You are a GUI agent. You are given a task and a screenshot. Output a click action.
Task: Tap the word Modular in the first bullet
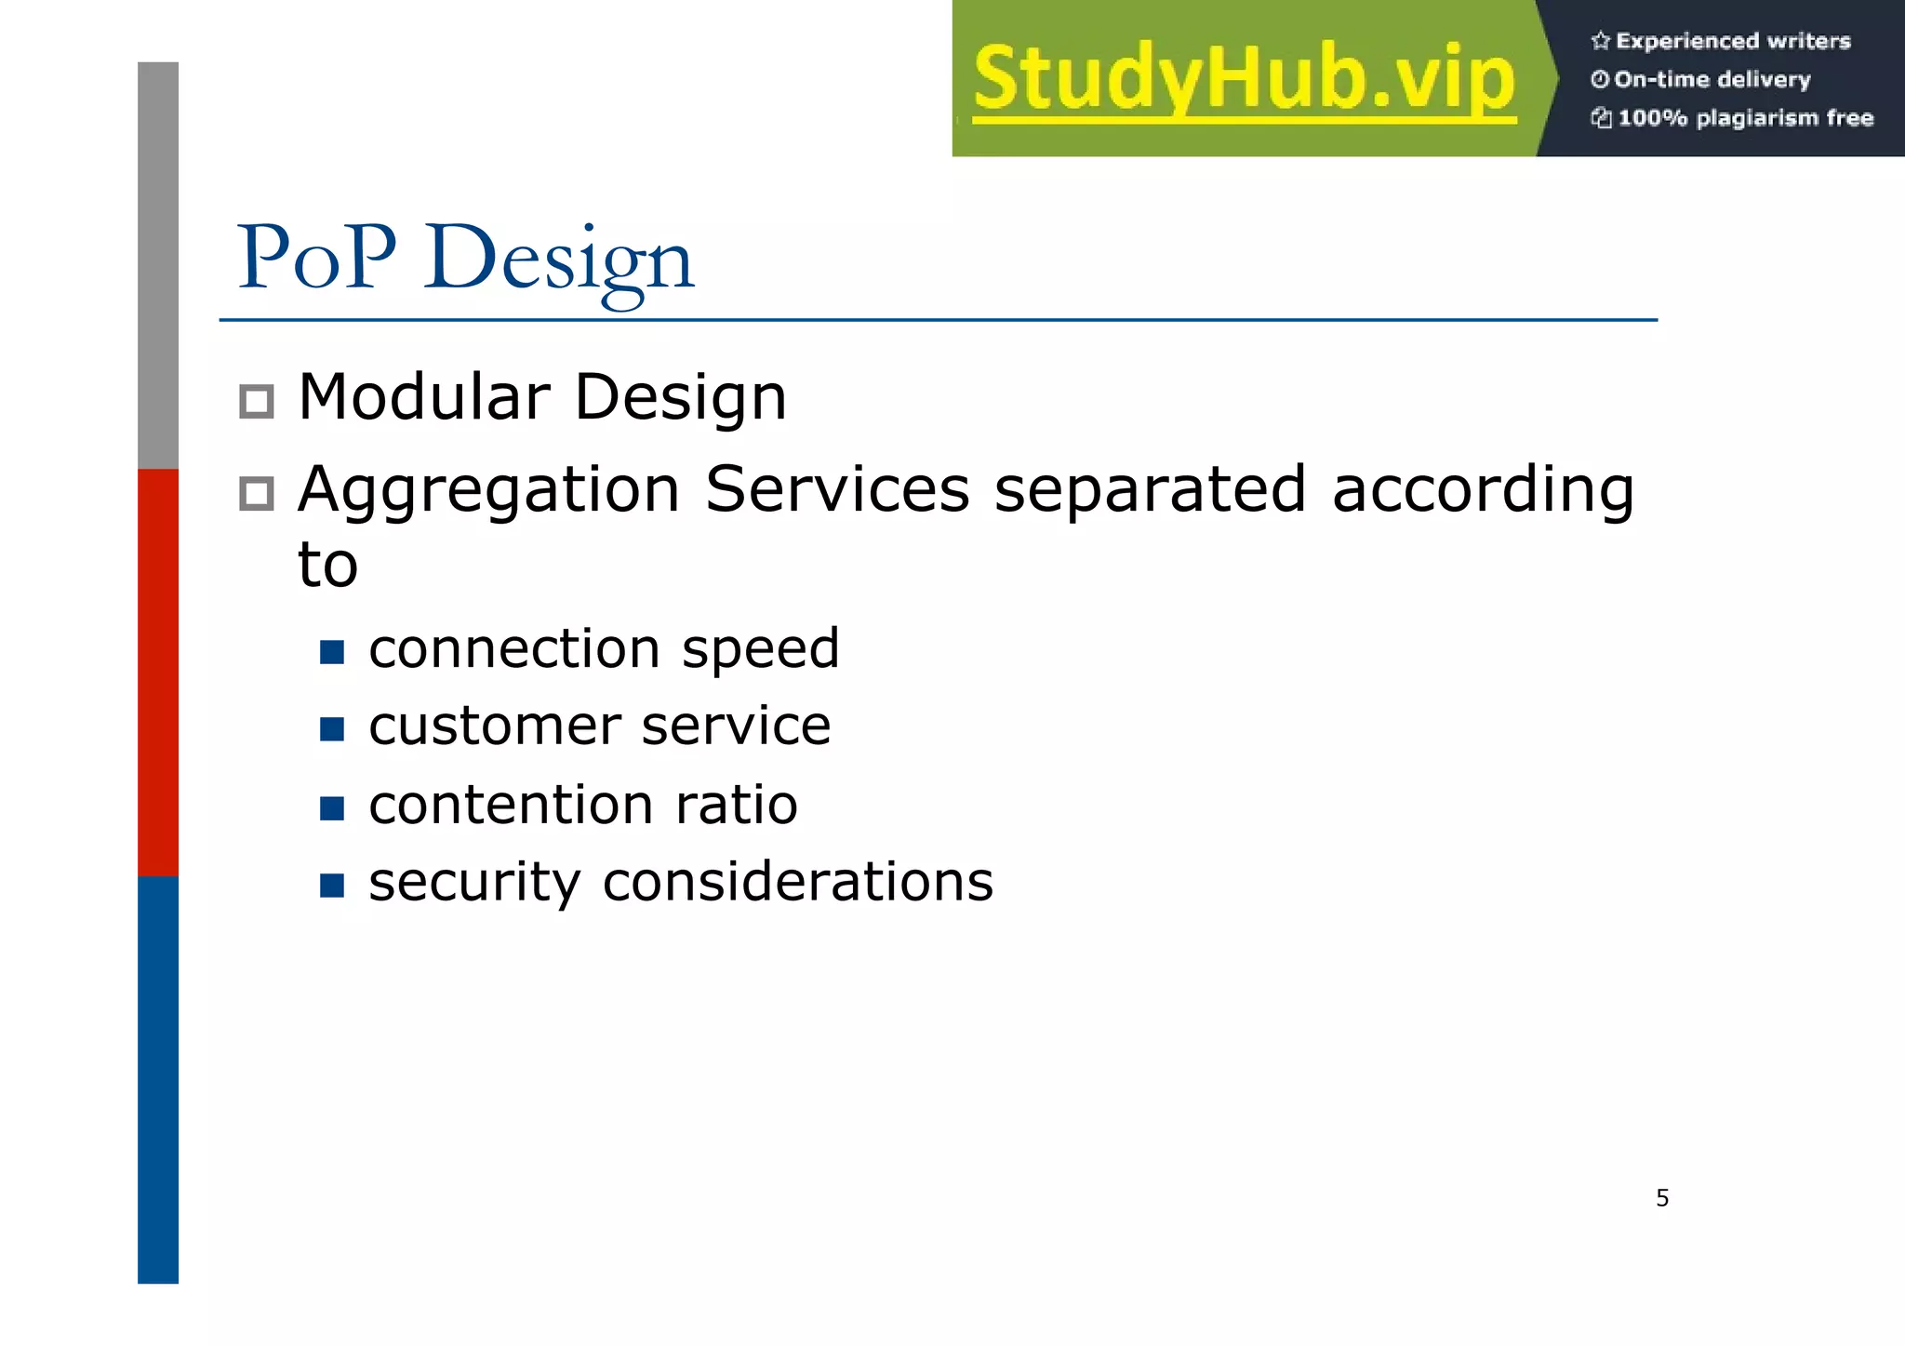tap(424, 397)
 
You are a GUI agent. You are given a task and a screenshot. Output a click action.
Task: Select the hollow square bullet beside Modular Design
tap(257, 402)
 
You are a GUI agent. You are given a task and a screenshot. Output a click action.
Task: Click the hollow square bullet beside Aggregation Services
tap(257, 494)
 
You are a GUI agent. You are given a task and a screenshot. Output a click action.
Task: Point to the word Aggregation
tap(489, 491)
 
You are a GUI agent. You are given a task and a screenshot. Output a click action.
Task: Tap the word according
tap(1483, 491)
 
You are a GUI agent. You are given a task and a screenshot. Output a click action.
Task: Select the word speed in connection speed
tap(761, 649)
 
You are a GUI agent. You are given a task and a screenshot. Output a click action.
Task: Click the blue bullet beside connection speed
tap(332, 651)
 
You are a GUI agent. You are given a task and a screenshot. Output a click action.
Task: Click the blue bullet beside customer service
tap(332, 728)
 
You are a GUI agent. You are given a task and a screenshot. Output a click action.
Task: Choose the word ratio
tap(737, 805)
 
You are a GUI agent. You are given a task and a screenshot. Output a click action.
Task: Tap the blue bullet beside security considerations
tap(332, 885)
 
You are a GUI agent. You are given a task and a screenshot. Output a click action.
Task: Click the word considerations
tap(798, 882)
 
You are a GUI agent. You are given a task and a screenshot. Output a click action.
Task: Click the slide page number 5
tap(1662, 1198)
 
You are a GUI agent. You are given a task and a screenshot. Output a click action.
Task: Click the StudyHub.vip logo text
tap(1245, 80)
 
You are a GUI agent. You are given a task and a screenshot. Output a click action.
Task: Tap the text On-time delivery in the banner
tap(1712, 80)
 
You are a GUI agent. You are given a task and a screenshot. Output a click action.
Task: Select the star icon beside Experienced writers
tap(1600, 41)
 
